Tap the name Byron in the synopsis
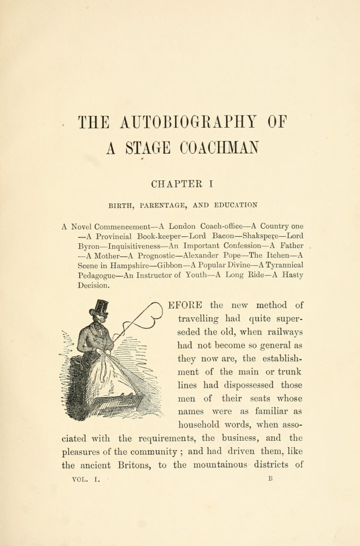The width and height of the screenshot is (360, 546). coord(90,246)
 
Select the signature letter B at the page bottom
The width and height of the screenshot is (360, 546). coord(269,479)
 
